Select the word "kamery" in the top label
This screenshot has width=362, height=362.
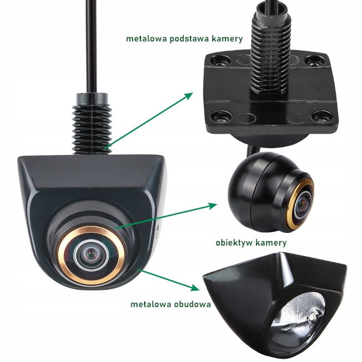228,39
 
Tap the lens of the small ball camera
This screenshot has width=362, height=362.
302,203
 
